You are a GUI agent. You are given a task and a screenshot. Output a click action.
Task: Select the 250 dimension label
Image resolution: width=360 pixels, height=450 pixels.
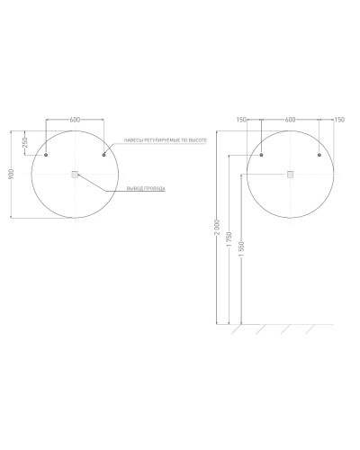25,142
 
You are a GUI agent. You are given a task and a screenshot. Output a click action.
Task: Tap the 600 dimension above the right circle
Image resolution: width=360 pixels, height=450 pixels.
290,118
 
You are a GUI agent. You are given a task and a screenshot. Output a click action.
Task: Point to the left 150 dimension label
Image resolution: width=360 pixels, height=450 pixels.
241,118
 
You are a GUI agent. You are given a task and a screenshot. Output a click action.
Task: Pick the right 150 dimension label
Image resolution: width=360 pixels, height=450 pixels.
338,118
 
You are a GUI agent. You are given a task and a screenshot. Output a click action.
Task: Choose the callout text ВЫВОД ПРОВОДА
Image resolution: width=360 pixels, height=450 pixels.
146,188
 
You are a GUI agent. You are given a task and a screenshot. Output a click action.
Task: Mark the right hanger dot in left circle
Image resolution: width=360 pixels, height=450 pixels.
104,156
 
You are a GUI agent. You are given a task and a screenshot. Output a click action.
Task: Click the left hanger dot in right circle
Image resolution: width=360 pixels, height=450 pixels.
261,156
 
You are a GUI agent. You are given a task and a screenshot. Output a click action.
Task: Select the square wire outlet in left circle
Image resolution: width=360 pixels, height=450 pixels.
75,175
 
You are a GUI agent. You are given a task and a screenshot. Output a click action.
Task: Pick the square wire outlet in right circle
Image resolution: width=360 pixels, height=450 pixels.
290,175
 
